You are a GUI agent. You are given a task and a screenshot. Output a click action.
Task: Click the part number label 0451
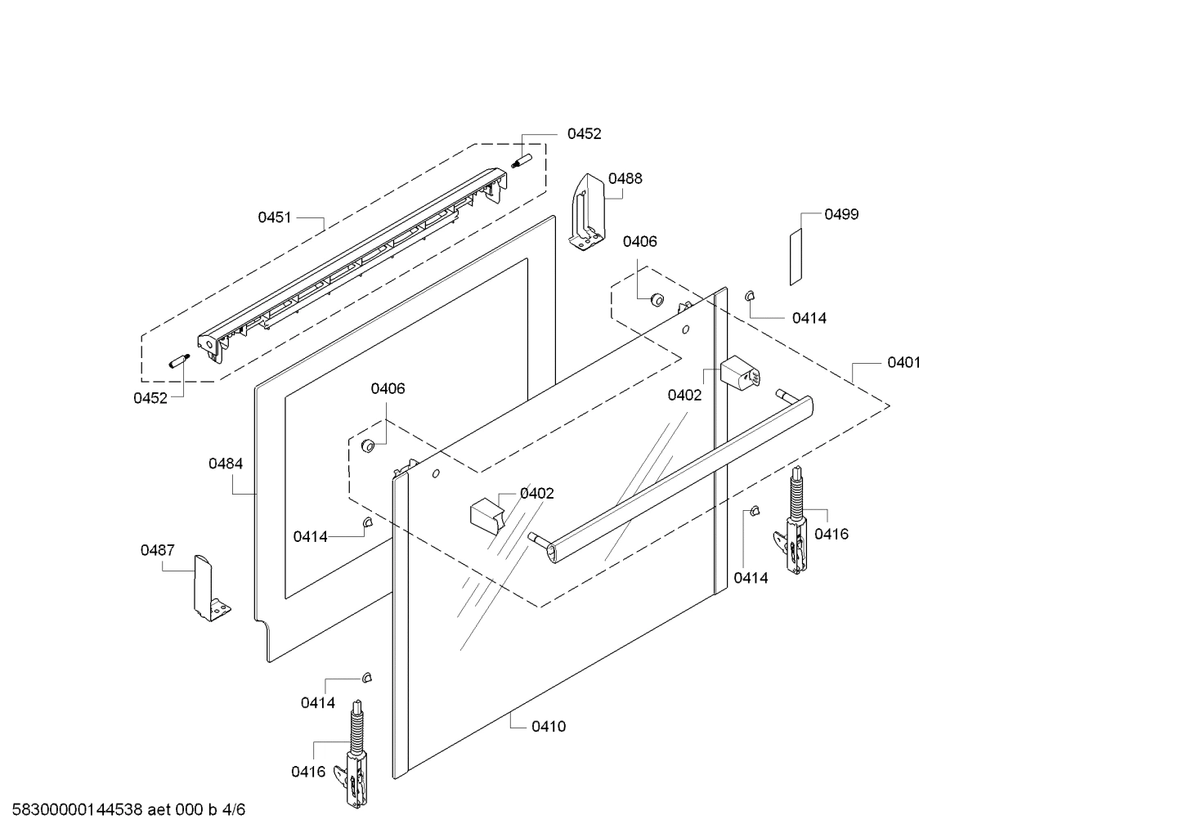point(275,217)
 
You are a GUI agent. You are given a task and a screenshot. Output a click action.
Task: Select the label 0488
point(625,178)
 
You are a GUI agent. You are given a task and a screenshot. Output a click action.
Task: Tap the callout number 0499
point(841,214)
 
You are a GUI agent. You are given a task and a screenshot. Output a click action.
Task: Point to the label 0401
point(903,362)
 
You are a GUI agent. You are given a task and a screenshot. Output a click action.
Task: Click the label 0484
point(225,464)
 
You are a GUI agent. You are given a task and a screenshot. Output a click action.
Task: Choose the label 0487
point(157,550)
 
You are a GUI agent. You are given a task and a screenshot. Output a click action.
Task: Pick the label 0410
point(548,726)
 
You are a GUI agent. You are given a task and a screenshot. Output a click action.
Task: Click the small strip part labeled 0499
point(796,257)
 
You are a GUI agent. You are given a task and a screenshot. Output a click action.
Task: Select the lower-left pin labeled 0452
point(178,361)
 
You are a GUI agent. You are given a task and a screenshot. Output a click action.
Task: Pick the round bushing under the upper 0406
point(656,299)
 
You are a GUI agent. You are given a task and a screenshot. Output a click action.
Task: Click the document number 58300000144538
point(73,810)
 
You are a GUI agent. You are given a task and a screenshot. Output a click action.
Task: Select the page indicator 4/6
point(233,810)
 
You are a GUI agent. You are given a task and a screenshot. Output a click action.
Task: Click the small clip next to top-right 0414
point(750,295)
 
